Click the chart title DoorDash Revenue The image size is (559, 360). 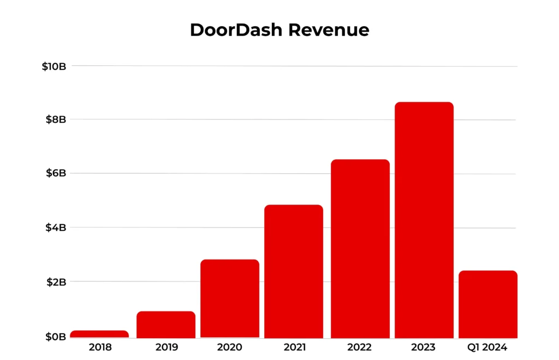click(279, 30)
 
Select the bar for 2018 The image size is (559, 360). click(99, 334)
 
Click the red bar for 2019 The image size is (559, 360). click(166, 325)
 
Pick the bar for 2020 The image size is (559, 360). click(230, 298)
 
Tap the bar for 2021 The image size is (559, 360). click(294, 271)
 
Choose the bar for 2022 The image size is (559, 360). click(360, 249)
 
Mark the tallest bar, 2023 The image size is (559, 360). click(424, 220)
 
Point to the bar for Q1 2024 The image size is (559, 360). click(488, 304)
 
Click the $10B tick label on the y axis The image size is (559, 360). click(54, 67)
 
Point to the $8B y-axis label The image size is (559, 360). click(56, 119)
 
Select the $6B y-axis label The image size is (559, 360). click(56, 173)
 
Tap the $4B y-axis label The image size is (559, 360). click(56, 227)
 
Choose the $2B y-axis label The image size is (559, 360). click(56, 282)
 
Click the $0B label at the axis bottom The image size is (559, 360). click(56, 337)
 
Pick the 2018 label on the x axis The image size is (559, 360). click(99, 347)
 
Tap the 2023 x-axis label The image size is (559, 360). click(424, 347)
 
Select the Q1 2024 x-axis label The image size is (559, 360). click(488, 347)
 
